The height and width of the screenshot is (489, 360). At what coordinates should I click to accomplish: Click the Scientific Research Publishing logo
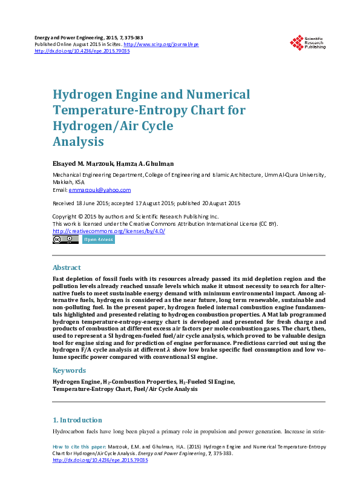[x=307, y=41]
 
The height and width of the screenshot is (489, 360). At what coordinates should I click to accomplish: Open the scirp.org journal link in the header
[x=161, y=45]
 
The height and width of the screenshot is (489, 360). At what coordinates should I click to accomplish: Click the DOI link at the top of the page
[x=82, y=51]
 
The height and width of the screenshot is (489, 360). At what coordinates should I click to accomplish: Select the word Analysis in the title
[x=79, y=142]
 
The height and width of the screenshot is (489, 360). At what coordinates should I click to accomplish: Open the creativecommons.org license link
[x=109, y=231]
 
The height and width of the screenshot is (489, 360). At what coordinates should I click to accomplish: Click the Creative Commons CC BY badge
[x=65, y=240]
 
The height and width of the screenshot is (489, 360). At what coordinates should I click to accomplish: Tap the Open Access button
[x=98, y=240]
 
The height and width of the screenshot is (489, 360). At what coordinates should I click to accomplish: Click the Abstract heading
[x=67, y=267]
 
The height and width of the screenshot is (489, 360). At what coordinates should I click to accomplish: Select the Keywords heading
[x=70, y=370]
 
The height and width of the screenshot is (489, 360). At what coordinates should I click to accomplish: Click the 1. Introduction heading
[x=77, y=420]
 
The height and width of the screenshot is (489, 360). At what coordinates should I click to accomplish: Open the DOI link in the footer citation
[x=100, y=460]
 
